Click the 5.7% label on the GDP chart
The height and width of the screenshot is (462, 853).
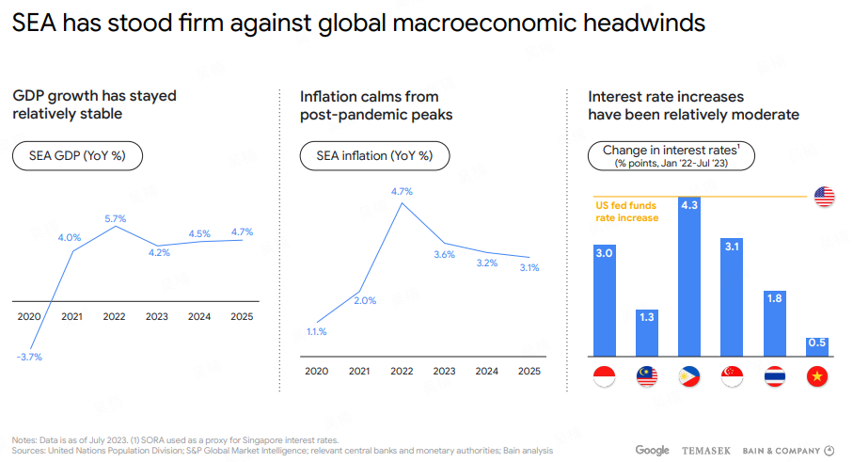point(115,217)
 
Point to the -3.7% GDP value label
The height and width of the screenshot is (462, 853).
point(28,357)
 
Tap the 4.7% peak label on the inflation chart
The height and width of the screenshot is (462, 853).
point(402,191)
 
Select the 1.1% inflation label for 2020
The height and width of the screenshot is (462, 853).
point(316,331)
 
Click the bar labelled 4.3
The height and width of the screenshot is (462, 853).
point(689,278)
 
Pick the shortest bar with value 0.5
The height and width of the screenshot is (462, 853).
point(817,346)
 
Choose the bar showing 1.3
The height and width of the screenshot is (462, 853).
point(646,332)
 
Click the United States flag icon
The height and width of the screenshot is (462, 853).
point(824,196)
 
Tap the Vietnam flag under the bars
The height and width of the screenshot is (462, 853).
point(817,377)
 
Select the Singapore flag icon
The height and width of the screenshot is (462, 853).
point(732,377)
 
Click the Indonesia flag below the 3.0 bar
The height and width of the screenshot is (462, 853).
point(604,377)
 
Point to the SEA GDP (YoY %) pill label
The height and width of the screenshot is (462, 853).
point(77,156)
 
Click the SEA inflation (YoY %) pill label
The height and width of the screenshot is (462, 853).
point(374,156)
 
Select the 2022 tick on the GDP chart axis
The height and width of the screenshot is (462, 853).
point(114,316)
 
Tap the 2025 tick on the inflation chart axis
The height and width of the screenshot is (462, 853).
point(529,372)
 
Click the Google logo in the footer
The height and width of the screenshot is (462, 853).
point(652,451)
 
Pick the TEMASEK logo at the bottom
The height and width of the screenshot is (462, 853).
point(705,451)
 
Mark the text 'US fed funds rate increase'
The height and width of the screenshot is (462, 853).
point(627,212)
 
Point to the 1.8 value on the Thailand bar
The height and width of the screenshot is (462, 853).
point(775,298)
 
